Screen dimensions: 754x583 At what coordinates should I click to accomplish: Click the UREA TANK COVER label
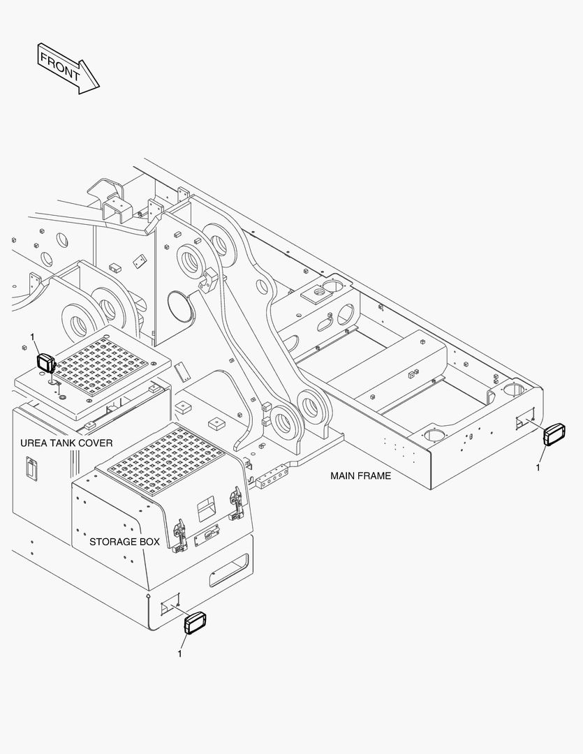tap(66, 443)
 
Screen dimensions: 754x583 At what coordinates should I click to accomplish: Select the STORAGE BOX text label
tap(124, 542)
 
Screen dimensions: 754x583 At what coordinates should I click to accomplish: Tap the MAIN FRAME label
tap(360, 476)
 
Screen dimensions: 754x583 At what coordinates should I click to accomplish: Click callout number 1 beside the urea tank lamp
tap(33, 337)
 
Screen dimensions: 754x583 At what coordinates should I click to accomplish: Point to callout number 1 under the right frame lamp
tap(538, 468)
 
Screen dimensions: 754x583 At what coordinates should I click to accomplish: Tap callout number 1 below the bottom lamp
tap(179, 653)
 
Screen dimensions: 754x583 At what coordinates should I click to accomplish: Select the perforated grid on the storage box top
tap(165, 461)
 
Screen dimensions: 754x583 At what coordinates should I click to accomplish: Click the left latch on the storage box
tap(179, 533)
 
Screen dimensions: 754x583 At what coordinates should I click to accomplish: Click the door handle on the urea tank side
tap(30, 468)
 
